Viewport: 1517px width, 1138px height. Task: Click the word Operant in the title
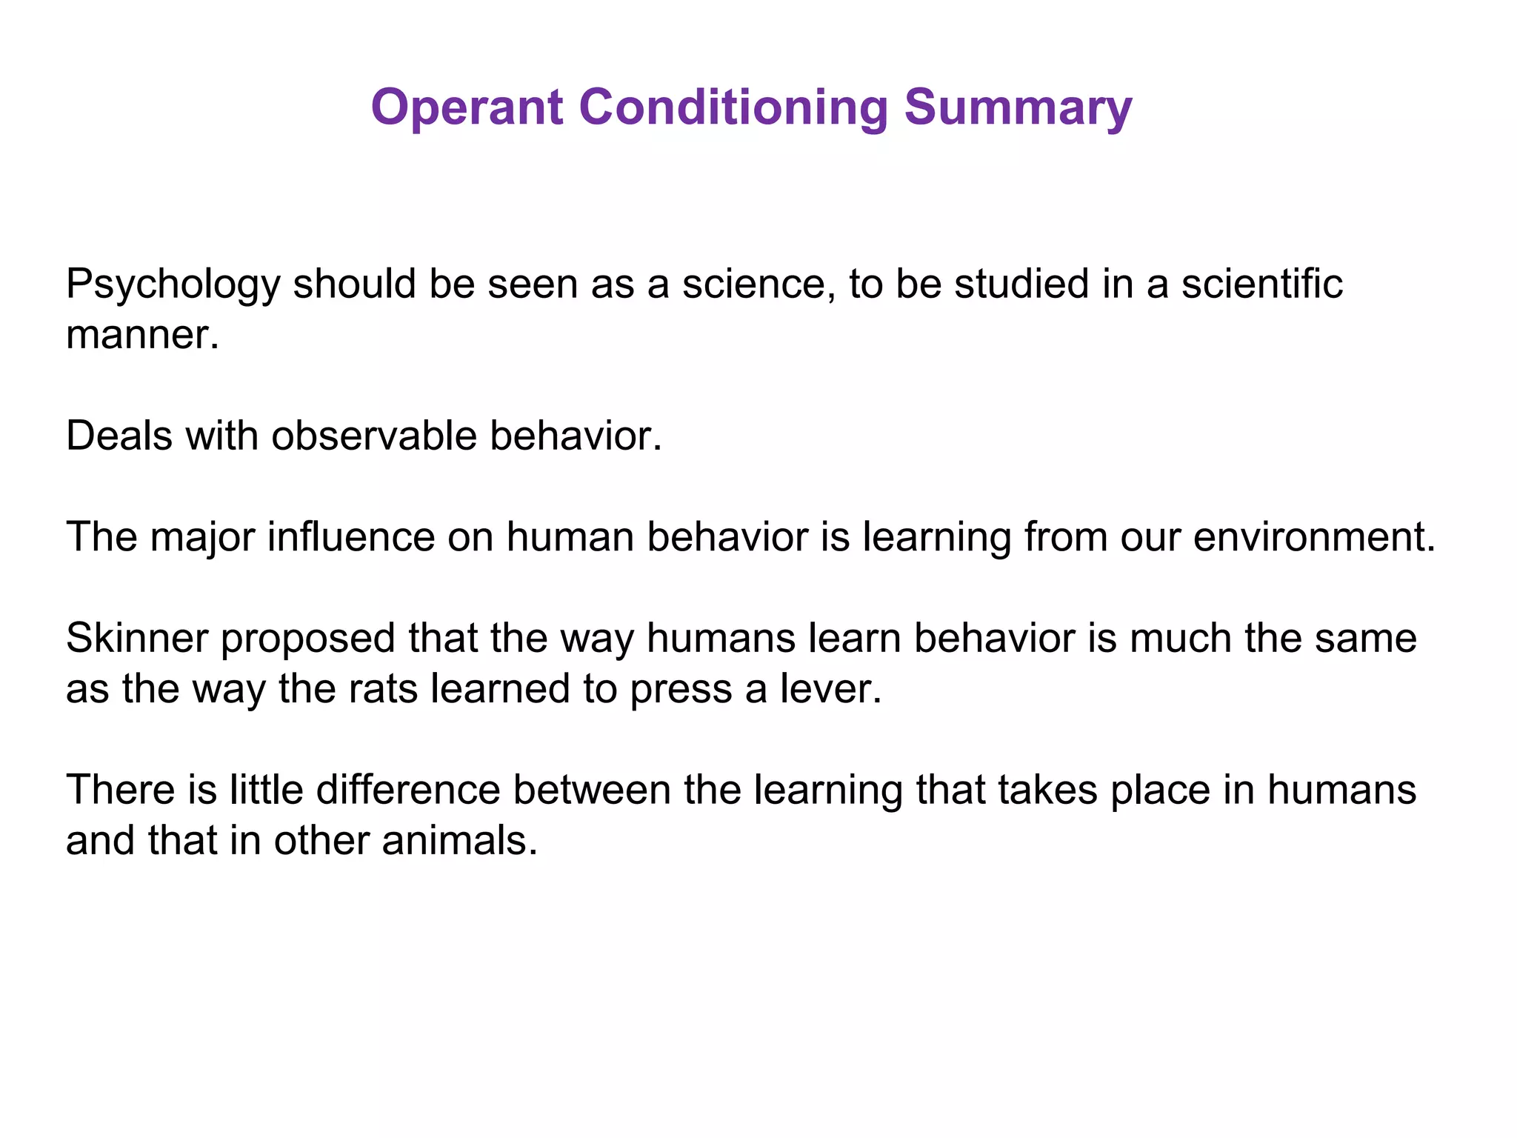click(467, 107)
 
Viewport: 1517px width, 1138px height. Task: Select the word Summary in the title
click(1018, 107)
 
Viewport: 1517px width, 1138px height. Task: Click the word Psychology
click(173, 285)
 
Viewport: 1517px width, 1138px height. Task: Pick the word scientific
click(1261, 284)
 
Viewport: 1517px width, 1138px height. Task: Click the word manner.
click(142, 335)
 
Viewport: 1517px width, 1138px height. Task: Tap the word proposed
click(308, 639)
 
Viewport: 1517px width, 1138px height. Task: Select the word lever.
click(830, 689)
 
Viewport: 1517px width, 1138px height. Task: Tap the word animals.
click(459, 841)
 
